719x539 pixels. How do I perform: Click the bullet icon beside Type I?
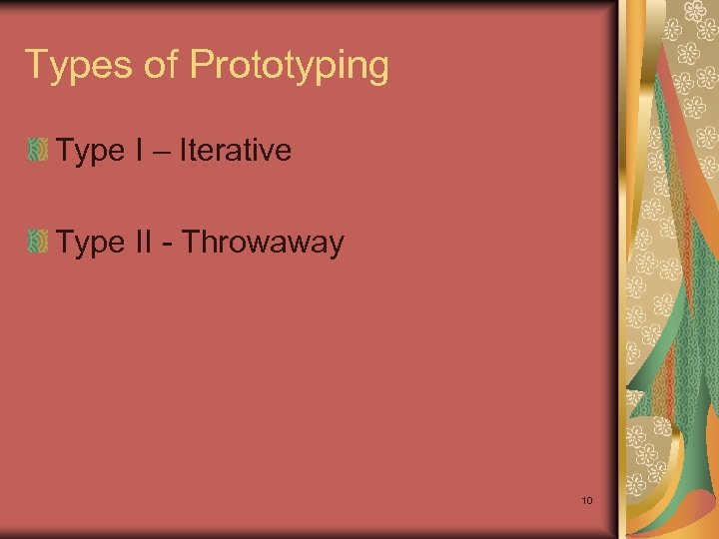[38, 152]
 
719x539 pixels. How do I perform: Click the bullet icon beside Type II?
[38, 242]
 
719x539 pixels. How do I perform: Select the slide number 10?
[586, 500]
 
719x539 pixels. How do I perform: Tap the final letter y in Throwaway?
[337, 246]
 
